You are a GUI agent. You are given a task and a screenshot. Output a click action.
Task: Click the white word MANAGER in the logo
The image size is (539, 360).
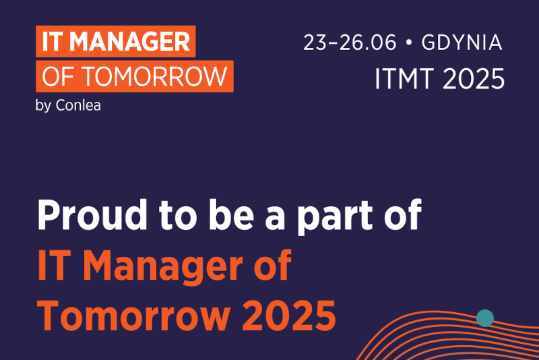click(x=129, y=42)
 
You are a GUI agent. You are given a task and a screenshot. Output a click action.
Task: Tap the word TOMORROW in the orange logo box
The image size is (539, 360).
click(x=155, y=76)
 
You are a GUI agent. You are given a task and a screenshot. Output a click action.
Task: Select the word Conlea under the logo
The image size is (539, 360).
click(x=78, y=105)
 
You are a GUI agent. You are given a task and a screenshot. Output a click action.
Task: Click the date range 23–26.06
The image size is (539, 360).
click(x=350, y=42)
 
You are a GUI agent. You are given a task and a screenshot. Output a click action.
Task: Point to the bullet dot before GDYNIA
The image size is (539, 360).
click(x=409, y=42)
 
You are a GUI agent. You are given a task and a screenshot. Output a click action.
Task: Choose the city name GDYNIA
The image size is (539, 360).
click(x=462, y=42)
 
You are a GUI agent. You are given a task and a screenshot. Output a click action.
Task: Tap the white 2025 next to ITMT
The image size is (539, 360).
click(x=474, y=79)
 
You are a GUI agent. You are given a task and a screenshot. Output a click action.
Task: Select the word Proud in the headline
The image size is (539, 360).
click(x=92, y=214)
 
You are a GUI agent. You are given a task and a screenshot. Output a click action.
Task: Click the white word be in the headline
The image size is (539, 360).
click(x=231, y=214)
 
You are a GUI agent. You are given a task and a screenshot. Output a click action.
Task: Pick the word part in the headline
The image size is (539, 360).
click(x=335, y=217)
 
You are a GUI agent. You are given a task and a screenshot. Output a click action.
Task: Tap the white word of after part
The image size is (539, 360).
click(x=403, y=214)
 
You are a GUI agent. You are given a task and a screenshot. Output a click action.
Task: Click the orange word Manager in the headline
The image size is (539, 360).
click(x=162, y=267)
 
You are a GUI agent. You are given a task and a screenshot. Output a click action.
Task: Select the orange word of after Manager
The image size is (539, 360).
click(x=273, y=265)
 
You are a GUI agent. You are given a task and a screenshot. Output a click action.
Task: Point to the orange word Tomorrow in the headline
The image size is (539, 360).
click(x=133, y=316)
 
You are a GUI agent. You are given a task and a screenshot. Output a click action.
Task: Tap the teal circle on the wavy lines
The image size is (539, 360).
click(x=485, y=318)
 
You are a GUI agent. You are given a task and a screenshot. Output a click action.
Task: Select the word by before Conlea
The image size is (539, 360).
click(x=43, y=106)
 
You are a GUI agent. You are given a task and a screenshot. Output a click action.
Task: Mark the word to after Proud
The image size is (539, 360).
click(x=178, y=215)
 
